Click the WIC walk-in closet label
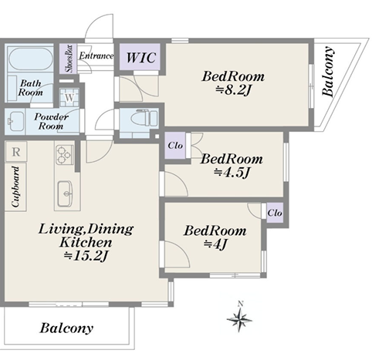pyautogui.click(x=141, y=57)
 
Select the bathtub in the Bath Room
pyautogui.click(x=31, y=59)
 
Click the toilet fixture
pyautogui.click(x=144, y=119)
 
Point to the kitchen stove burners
pyautogui.click(x=64, y=154)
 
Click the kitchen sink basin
pyautogui.click(x=65, y=193)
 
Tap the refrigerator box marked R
pyautogui.click(x=16, y=152)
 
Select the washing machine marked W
pyautogui.click(x=69, y=98)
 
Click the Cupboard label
pyautogui.click(x=15, y=187)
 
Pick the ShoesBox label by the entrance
pyautogui.click(x=69, y=59)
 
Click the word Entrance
pyautogui.click(x=96, y=56)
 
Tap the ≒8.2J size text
pyautogui.click(x=233, y=90)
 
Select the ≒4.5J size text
pyautogui.click(x=232, y=172)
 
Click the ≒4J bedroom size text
pyautogui.click(x=215, y=244)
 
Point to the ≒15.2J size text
pyautogui.click(x=86, y=256)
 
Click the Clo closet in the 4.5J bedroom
pyautogui.click(x=175, y=146)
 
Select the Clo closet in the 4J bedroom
pyautogui.click(x=275, y=213)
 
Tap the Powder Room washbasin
pyautogui.click(x=16, y=121)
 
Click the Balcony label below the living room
pyautogui.click(x=66, y=328)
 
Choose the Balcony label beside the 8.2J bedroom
pyautogui.click(x=329, y=72)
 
